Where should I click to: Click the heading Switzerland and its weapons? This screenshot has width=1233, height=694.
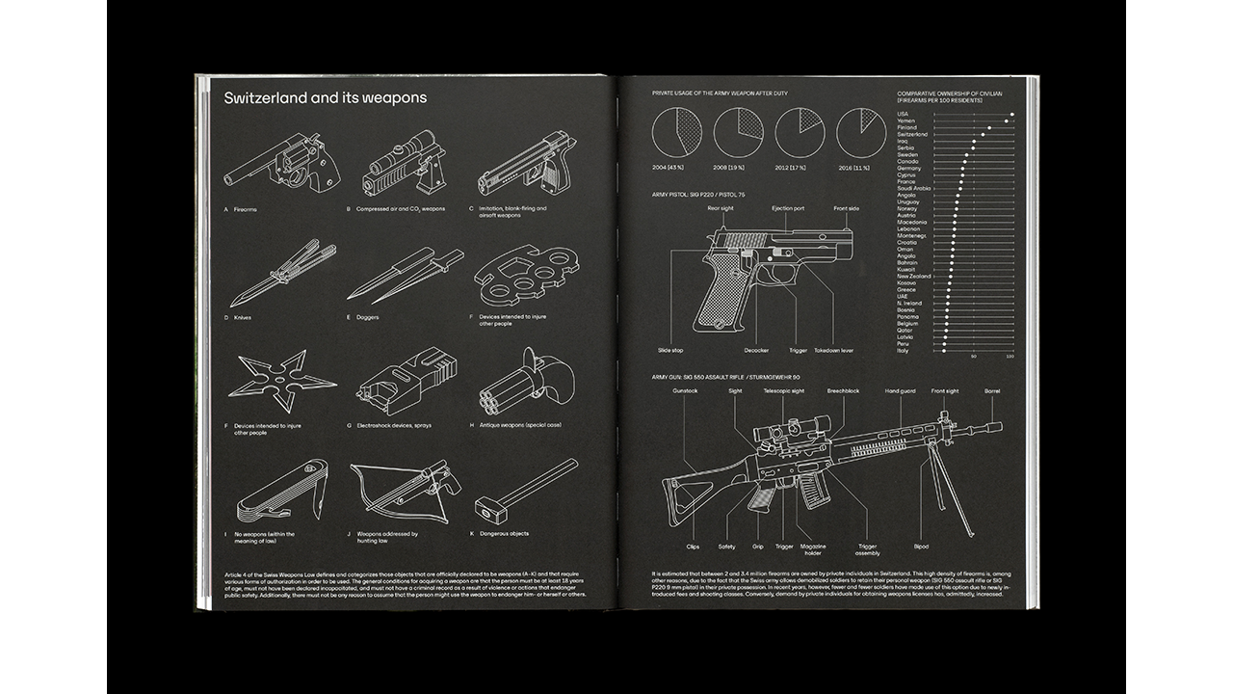click(325, 98)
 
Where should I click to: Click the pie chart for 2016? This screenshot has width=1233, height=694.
click(860, 132)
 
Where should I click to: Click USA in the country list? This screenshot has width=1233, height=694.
click(903, 114)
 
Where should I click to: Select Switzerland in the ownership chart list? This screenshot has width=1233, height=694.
click(912, 134)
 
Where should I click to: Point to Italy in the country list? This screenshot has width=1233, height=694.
click(903, 351)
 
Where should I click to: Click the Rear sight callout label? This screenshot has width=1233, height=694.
click(720, 208)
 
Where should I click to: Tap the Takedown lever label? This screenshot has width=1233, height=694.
click(833, 351)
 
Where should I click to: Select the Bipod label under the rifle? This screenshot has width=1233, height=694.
click(921, 547)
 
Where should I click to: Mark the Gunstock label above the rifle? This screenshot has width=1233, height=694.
click(685, 391)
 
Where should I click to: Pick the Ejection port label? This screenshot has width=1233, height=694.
click(788, 208)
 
